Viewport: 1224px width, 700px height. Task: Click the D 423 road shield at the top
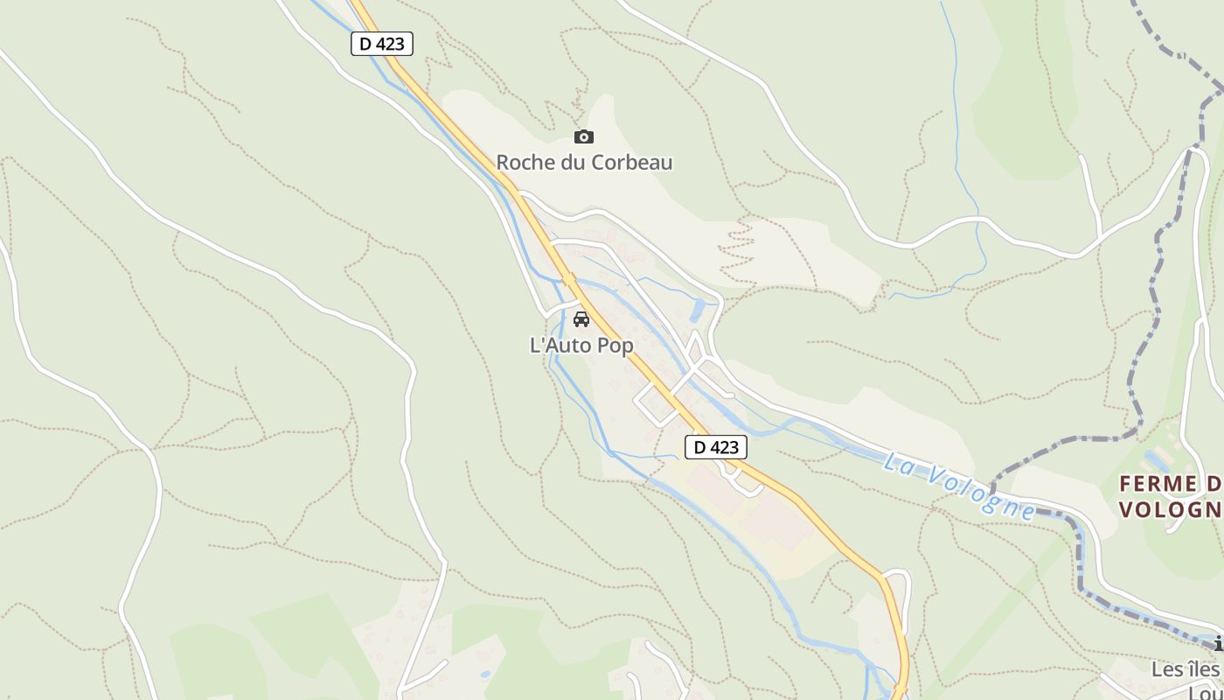(x=382, y=44)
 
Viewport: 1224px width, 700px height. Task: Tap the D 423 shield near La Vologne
(x=715, y=447)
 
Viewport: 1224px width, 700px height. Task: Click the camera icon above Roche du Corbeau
(x=583, y=136)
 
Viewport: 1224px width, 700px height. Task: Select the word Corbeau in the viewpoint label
(x=632, y=162)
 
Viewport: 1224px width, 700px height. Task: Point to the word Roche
(x=524, y=162)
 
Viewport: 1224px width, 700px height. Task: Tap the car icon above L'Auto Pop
(x=581, y=318)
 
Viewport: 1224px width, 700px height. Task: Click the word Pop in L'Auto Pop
(x=615, y=346)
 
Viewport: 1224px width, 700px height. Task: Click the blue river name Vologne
(x=981, y=490)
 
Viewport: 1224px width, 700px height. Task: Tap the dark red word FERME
(x=1158, y=484)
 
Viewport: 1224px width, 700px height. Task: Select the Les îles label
(x=1185, y=669)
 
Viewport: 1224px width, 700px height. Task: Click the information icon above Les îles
(x=1218, y=645)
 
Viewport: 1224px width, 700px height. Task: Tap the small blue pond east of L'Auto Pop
(x=698, y=311)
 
